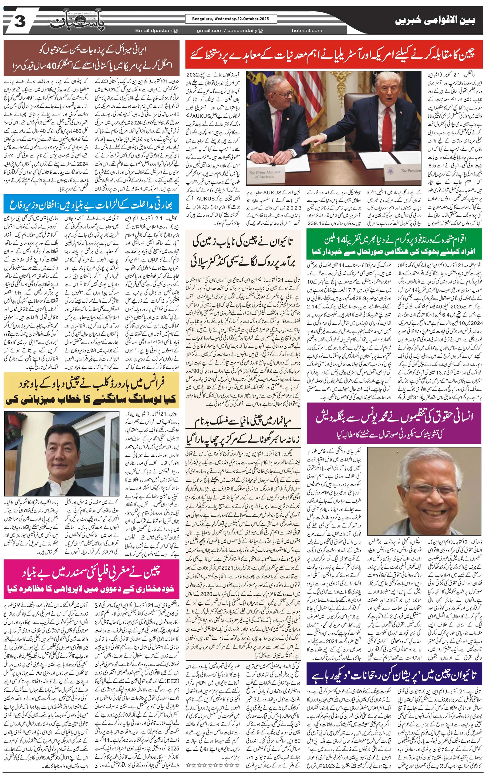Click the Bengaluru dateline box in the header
pos(231,19)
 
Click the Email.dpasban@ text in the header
pos(156,30)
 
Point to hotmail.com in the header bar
pos(307,30)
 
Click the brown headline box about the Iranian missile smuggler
pos(91,57)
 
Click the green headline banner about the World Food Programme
pos(394,245)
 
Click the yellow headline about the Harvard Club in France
pos(91,390)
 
